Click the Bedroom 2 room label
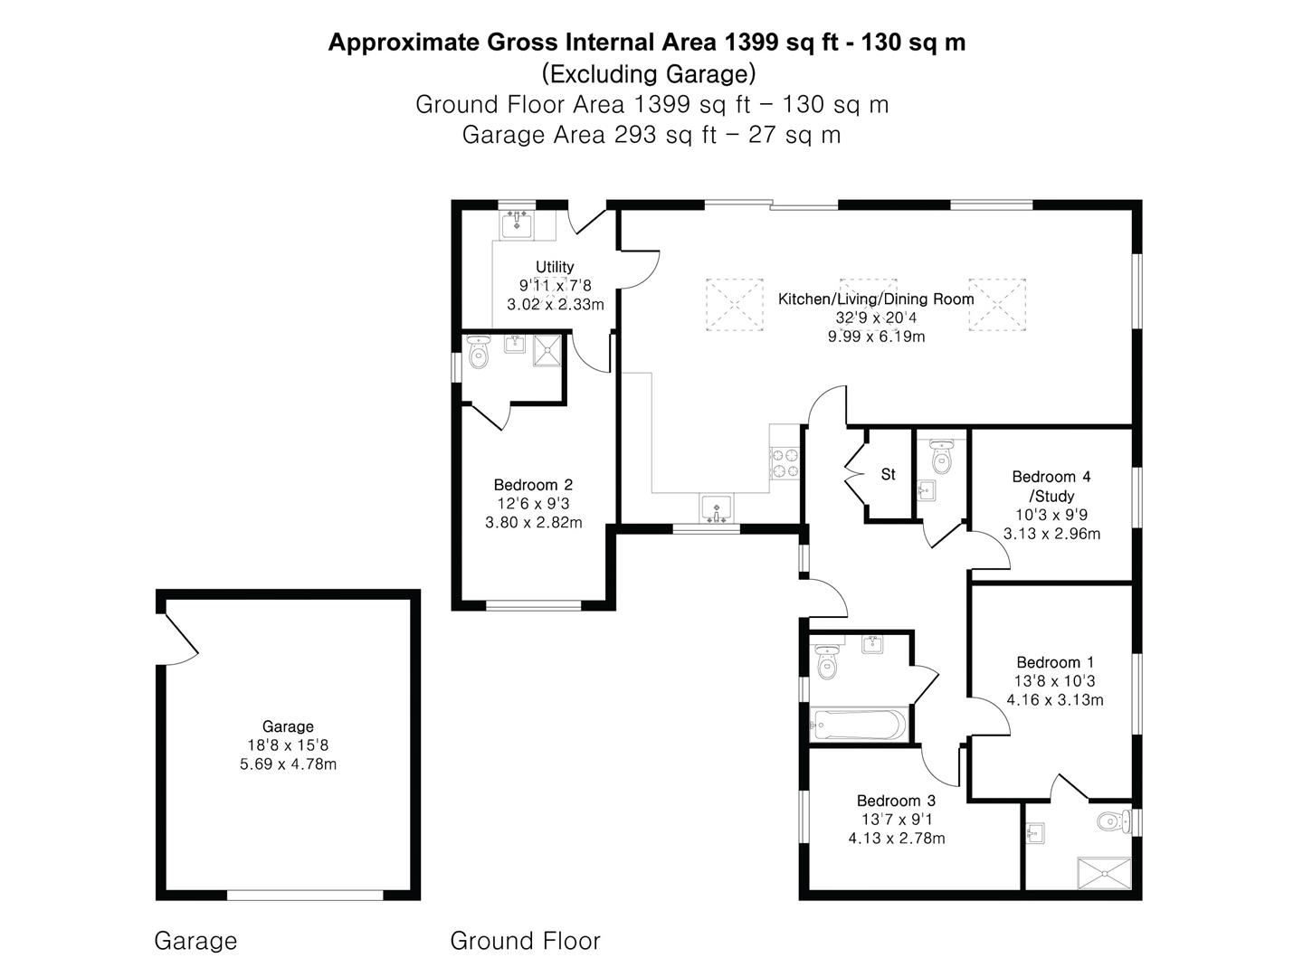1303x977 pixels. pos(533,485)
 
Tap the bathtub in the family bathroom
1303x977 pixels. pos(857,725)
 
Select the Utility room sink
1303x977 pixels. pos(517,223)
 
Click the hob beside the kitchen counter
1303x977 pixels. pos(785,463)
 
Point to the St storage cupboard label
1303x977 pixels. pos(888,474)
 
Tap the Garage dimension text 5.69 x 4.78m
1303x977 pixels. pos(288,764)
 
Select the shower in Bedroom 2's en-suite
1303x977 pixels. pos(547,351)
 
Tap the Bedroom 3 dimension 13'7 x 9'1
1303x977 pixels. pos(896,820)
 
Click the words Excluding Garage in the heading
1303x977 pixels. pos(648,73)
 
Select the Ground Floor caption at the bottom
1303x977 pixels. pos(525,941)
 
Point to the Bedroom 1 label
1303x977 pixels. pos(1054,662)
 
